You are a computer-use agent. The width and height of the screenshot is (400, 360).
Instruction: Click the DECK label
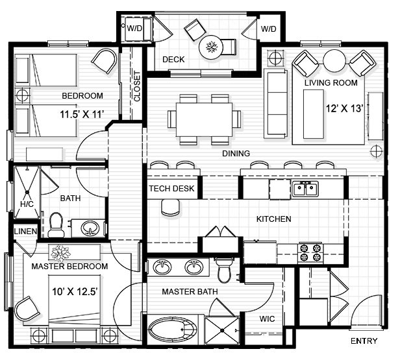click(173, 60)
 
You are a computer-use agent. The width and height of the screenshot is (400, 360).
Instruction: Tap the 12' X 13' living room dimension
click(344, 110)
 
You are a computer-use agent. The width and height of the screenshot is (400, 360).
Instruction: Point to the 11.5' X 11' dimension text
click(82, 115)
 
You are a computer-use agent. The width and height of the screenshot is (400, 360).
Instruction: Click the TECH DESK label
click(172, 189)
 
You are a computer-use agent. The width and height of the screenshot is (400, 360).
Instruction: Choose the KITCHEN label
click(273, 219)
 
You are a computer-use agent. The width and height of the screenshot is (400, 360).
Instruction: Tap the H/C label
click(27, 204)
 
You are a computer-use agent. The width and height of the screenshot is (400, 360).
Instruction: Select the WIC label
click(267, 319)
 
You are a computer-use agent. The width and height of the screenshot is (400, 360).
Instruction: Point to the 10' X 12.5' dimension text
click(75, 291)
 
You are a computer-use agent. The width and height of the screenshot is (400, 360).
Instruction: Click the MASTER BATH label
click(190, 291)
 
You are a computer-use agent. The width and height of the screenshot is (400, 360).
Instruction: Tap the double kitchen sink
click(305, 189)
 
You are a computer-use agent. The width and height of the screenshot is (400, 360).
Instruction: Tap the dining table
click(204, 119)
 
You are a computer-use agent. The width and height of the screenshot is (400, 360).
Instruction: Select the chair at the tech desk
click(170, 207)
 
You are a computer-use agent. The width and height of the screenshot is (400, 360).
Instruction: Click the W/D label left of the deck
click(135, 29)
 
